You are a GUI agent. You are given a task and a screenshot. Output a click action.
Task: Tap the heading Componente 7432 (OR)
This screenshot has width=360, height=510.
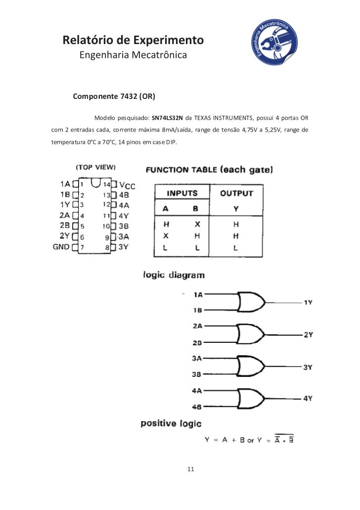[114, 96]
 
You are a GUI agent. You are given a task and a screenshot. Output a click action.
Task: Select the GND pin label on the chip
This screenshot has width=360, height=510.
[61, 247]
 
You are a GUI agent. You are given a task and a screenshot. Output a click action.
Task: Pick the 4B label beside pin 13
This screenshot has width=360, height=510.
[123, 195]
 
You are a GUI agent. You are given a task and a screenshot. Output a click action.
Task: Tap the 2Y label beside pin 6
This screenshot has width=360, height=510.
[65, 236]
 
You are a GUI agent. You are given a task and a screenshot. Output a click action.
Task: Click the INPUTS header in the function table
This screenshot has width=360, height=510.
[181, 193]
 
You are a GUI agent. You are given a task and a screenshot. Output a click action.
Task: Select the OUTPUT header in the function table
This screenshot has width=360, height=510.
[236, 193]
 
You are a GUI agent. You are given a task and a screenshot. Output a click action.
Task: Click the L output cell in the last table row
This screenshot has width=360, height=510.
[236, 248]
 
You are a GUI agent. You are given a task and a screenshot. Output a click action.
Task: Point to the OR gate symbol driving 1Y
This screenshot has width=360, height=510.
[251, 302]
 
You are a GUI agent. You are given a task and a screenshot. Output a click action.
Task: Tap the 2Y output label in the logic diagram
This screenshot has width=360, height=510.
[308, 335]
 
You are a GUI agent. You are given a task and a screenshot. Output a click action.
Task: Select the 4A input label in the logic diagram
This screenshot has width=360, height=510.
[197, 390]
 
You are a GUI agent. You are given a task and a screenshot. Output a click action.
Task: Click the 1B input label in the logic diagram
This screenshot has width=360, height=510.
[197, 310]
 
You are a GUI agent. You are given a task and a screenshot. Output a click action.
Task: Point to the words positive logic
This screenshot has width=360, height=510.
[171, 423]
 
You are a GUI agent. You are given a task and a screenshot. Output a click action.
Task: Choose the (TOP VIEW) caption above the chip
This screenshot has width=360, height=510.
[95, 167]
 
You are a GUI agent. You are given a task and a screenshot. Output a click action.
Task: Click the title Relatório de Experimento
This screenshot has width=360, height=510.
[133, 40]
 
